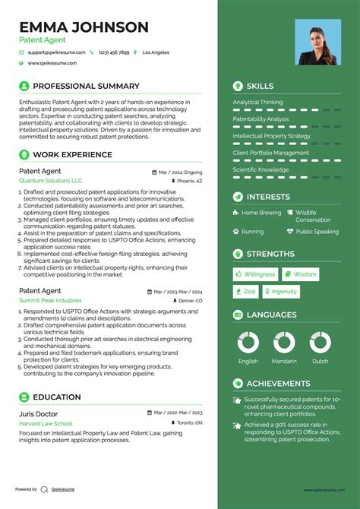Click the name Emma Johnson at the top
(84, 27)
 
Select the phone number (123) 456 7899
(113, 52)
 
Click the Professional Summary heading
(86, 87)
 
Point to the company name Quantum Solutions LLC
(50, 182)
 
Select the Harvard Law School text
(46, 423)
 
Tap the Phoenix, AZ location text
(189, 182)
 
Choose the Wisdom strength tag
(301, 274)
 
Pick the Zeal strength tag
(246, 291)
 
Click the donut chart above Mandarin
(284, 343)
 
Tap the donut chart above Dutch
(320, 343)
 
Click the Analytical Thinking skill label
(257, 103)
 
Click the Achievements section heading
(278, 384)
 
